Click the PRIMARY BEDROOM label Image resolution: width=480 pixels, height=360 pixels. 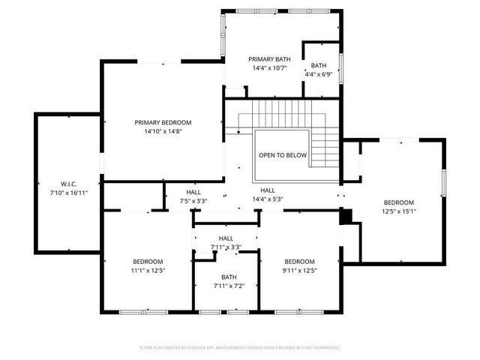coord(163,122)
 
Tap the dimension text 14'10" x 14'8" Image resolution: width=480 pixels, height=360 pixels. coord(163,132)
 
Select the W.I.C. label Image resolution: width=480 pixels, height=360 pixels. coord(69,184)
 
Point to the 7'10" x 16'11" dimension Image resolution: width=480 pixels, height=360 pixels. coord(69,193)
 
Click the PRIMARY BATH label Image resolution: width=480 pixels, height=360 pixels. coord(270,58)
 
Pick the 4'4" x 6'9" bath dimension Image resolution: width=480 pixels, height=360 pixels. coord(319,74)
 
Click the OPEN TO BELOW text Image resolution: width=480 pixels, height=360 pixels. coord(283,155)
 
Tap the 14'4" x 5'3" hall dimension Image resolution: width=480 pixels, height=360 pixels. coord(268,200)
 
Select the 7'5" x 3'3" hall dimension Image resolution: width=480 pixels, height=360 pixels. coord(193,201)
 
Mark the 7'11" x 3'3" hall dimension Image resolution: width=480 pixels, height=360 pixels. coord(226,247)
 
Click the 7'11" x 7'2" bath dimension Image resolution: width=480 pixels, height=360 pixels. coord(229,286)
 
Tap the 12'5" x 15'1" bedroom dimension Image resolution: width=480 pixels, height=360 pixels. coord(398,211)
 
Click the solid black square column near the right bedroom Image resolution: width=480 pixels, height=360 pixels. coord(346,216)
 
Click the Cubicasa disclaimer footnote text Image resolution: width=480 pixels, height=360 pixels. coord(240,348)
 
